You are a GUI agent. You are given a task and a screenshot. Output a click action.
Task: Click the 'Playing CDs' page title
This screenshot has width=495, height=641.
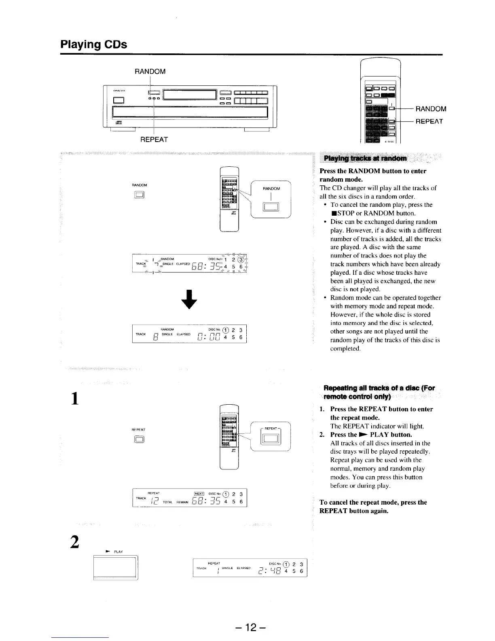(x=93, y=44)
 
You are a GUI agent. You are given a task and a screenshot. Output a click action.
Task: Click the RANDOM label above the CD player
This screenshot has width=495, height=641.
(x=150, y=72)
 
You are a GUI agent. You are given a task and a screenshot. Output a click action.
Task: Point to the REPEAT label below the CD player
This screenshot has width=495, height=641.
(x=154, y=140)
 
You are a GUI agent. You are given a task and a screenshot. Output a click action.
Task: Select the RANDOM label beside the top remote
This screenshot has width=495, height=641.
(x=431, y=108)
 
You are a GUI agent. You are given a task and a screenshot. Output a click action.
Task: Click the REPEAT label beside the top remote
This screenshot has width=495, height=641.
(x=429, y=121)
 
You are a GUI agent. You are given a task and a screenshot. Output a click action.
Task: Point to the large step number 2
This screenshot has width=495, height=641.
(x=74, y=541)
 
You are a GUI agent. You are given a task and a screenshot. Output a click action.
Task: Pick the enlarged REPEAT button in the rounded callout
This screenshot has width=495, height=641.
(x=270, y=439)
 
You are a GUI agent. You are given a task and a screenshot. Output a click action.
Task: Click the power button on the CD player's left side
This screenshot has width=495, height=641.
(x=119, y=100)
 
